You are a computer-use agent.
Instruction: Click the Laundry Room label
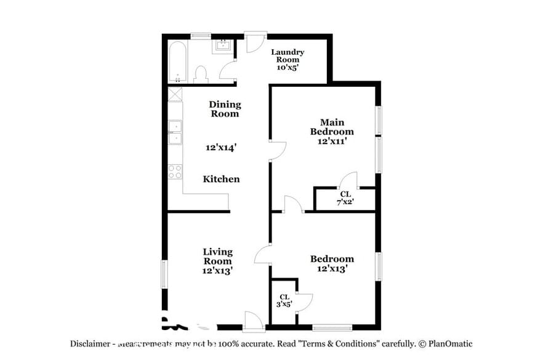288,56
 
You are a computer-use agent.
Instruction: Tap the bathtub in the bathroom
178,62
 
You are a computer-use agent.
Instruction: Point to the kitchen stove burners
175,171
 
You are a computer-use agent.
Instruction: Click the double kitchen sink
175,132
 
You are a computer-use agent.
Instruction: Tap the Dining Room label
225,109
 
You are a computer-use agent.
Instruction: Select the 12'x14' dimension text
221,148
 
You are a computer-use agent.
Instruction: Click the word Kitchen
222,179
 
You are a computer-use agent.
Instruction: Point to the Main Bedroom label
332,127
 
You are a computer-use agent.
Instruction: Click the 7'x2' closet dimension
345,202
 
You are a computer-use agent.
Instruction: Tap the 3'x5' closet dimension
284,304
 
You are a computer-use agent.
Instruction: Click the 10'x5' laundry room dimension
288,68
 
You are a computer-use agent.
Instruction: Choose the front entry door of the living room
254,320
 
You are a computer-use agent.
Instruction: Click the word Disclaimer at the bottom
89,344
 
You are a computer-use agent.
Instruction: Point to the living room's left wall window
164,273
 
